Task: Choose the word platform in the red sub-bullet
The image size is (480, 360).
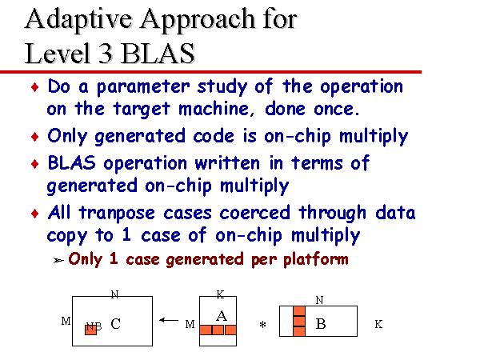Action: tap(318, 259)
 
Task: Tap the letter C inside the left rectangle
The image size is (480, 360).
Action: tap(116, 324)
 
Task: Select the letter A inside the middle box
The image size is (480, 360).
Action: tap(222, 316)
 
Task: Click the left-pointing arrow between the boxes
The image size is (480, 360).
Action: tap(168, 321)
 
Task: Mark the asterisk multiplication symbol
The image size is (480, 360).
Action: tap(261, 326)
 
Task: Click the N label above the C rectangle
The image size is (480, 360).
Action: tap(114, 294)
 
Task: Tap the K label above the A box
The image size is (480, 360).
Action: tap(221, 294)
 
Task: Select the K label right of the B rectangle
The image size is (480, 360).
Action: tap(378, 324)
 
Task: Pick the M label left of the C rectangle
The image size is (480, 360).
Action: tap(65, 321)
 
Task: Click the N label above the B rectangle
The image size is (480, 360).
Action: tap(319, 300)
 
